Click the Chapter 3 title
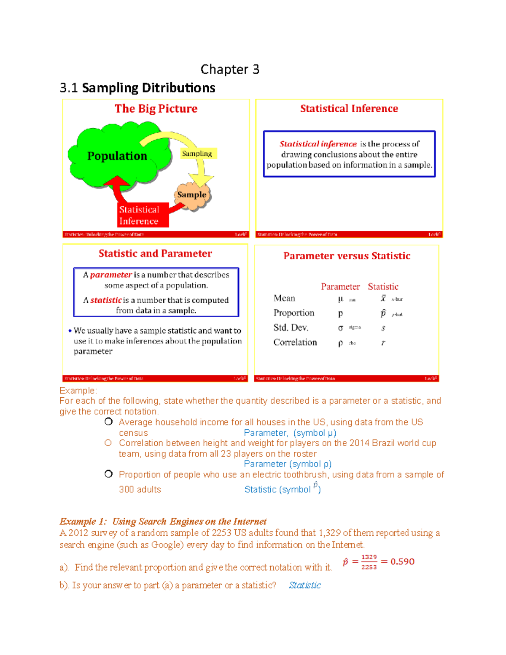coord(230,69)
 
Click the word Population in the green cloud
coord(117,156)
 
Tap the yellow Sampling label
coord(197,154)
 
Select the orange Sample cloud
coord(192,195)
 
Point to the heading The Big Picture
coord(156,109)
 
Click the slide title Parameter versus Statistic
coord(347,256)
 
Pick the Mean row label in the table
coord(284,299)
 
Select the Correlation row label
coord(295,342)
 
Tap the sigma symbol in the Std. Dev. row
coord(341,328)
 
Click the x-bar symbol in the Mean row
coord(383,299)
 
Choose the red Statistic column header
coord(383,287)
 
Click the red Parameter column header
coord(340,287)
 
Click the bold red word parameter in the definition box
coord(111,275)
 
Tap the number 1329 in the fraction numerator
coord(369,557)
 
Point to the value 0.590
coord(402,562)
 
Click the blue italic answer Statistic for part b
coord(305,585)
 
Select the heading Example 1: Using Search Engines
coord(163,522)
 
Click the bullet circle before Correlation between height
coord(108,443)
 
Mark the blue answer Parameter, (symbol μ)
coord(290,433)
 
